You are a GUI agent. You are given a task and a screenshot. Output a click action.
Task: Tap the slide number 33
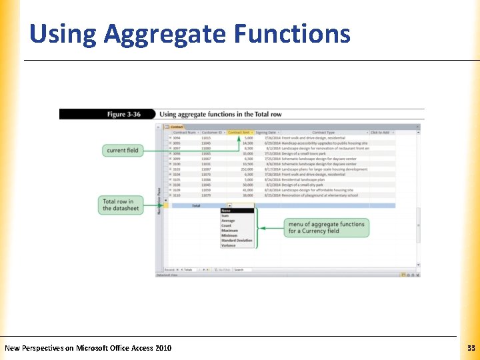(471, 348)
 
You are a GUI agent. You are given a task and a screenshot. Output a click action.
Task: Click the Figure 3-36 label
(124, 115)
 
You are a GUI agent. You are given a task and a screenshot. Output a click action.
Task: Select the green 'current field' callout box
(123, 151)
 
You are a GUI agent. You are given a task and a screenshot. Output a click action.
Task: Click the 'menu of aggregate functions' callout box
(326, 227)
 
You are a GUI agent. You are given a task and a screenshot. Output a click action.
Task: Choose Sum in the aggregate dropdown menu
(226, 216)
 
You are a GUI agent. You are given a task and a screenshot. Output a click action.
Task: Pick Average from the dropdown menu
(228, 221)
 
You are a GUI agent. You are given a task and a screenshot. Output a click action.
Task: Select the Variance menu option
(229, 245)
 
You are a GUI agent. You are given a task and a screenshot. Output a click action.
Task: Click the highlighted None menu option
(227, 211)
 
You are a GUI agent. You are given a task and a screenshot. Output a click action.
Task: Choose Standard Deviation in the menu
(237, 241)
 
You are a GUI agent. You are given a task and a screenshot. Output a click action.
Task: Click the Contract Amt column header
(239, 133)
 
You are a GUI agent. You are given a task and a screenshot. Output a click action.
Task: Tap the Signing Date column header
(267, 133)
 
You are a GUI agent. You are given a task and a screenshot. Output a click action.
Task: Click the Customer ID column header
(213, 133)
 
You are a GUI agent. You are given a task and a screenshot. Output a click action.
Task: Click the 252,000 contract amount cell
(245, 169)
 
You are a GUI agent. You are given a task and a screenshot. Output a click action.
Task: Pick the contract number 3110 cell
(177, 195)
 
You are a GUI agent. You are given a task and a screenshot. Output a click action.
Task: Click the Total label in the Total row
(196, 206)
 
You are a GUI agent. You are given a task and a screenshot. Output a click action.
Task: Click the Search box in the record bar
(244, 270)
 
